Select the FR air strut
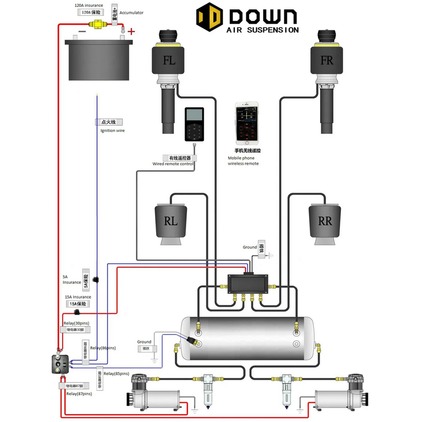click(327, 79)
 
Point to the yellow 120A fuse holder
click(97, 23)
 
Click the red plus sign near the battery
click(131, 32)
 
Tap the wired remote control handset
click(194, 124)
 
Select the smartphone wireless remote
click(247, 123)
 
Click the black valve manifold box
click(248, 285)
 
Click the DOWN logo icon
click(209, 18)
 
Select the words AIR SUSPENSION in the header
click(262, 30)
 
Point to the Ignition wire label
click(112, 130)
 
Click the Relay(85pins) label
click(116, 373)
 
